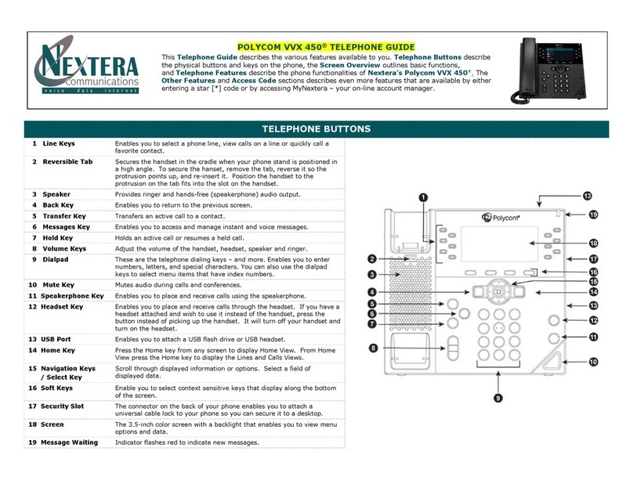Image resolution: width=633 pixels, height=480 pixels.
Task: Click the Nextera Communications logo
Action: coord(87,68)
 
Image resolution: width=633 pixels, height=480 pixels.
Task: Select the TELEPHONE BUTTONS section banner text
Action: coord(316,129)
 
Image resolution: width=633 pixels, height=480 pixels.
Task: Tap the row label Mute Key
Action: coord(58,285)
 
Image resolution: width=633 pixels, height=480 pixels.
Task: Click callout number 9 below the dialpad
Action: coord(496,397)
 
